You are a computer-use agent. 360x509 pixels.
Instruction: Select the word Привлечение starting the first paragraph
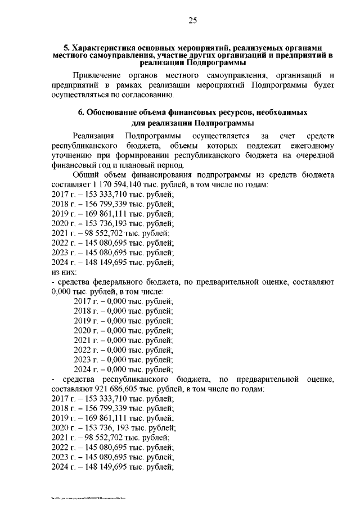pos(97,75)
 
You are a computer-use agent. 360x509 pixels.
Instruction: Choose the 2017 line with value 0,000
pos(123,301)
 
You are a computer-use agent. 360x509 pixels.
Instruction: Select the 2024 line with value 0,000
pos(123,370)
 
